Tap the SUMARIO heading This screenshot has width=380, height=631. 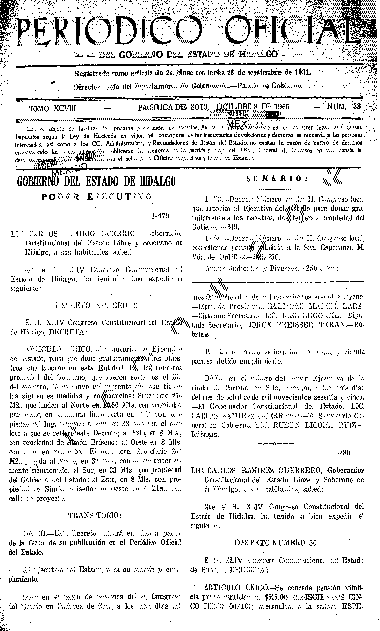[x=277, y=179]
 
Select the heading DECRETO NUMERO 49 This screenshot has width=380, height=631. [x=97, y=305]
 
